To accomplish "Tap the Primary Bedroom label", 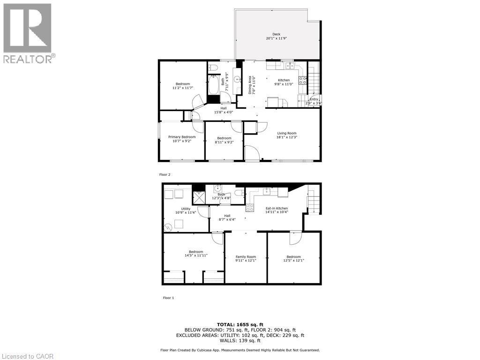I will click(x=182, y=137).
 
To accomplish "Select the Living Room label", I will click(x=286, y=133).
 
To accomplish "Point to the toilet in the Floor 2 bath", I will click(x=213, y=66).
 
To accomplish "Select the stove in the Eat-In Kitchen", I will click(x=250, y=207).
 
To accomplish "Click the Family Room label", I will click(x=246, y=257).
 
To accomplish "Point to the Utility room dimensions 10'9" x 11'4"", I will click(x=186, y=213).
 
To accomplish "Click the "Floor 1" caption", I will click(x=168, y=298).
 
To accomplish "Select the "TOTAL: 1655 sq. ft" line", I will click(x=240, y=324).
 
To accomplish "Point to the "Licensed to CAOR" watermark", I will click(x=28, y=356).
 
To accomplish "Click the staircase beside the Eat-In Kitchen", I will click(x=312, y=202).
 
